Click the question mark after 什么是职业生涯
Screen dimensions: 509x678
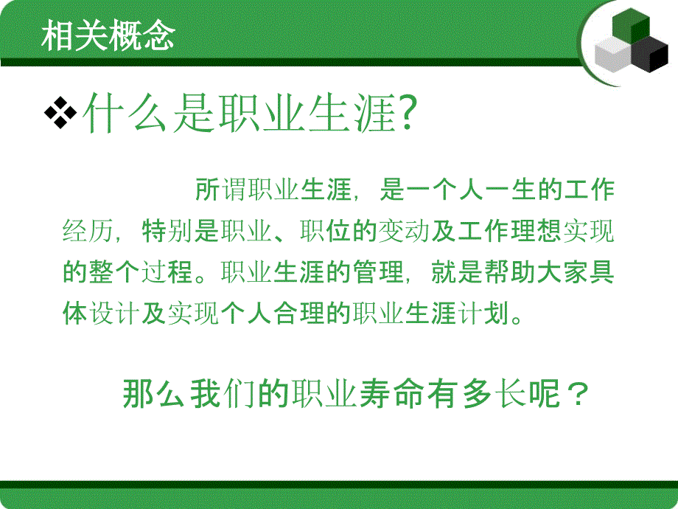point(408,114)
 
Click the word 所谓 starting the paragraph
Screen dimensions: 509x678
point(219,191)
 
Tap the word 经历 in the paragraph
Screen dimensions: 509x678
point(88,231)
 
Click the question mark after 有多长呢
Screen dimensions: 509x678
point(577,395)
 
